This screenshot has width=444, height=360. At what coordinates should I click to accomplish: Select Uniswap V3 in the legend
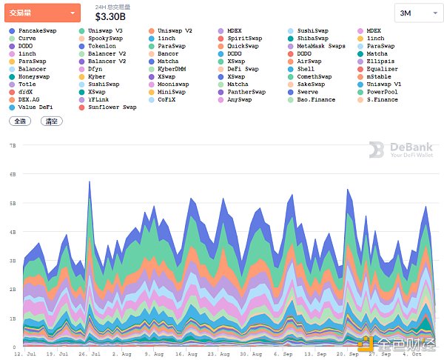[106, 31]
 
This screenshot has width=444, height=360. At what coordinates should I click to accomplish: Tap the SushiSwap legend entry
[312, 31]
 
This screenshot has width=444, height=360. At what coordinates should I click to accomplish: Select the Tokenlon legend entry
[102, 46]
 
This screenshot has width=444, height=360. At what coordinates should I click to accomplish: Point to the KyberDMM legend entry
[171, 69]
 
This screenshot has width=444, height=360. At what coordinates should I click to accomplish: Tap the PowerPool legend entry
[382, 92]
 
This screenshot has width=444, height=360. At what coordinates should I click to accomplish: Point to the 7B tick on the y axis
[13, 146]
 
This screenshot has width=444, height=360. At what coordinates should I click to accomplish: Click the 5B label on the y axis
[13, 203]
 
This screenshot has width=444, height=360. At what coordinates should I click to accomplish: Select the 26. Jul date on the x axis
[90, 355]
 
